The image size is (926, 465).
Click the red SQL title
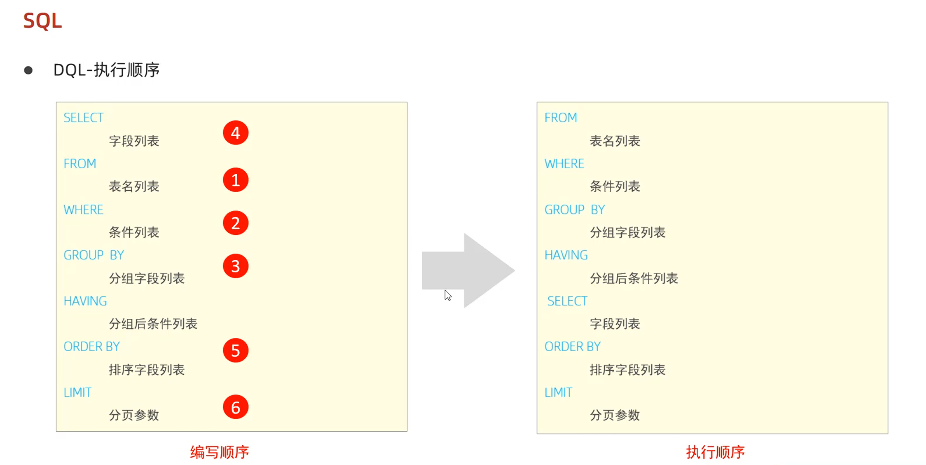[42, 21]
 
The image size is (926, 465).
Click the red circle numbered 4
[235, 133]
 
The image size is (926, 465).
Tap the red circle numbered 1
[235, 180]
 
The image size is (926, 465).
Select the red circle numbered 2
[235, 223]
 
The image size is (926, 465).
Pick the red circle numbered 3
[235, 266]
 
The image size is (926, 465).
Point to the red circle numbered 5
[235, 350]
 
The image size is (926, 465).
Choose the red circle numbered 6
[235, 407]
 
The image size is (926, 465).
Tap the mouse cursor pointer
[448, 295]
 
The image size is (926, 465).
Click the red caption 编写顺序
[219, 452]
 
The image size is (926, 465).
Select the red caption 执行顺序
[715, 452]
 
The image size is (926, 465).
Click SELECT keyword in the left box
[83, 118]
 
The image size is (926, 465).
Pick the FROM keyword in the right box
[561, 118]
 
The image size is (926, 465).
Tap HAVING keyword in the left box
[85, 301]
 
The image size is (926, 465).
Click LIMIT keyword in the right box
[558, 392]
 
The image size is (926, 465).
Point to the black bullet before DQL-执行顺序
[28, 70]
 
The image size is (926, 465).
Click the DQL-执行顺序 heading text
[107, 70]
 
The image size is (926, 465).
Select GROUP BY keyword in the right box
[575, 210]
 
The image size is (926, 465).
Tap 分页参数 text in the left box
[134, 415]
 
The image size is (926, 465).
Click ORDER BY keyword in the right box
[572, 346]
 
